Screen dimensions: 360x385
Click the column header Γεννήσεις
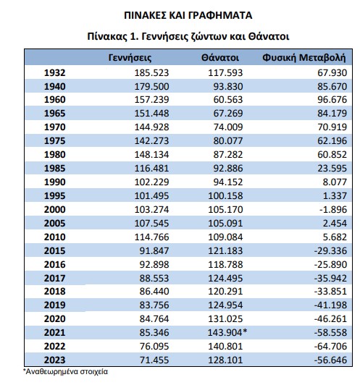[x=130, y=58]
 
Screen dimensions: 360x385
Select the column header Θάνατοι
[x=220, y=58]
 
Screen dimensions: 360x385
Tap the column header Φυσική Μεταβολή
[x=304, y=58]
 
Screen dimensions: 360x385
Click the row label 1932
[x=55, y=73]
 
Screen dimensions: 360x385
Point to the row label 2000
[x=55, y=209]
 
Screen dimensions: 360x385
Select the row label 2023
[x=55, y=360]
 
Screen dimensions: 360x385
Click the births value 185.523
[x=151, y=73]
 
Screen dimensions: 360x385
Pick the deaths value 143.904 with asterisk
[x=227, y=332]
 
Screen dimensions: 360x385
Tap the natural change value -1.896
[x=333, y=209]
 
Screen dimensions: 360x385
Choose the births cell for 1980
[x=151, y=154]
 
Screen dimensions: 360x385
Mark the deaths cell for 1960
[x=227, y=99]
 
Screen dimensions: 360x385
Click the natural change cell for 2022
[x=330, y=346]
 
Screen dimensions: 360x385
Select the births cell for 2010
[x=151, y=237]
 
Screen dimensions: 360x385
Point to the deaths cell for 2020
[x=225, y=318]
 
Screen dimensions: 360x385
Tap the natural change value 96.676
[x=332, y=99]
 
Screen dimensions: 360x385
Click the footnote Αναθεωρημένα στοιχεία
[x=65, y=371]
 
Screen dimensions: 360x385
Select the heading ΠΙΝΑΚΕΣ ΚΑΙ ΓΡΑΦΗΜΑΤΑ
[x=188, y=15]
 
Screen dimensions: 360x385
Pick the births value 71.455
[x=154, y=360]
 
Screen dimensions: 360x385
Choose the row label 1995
[x=55, y=195]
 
